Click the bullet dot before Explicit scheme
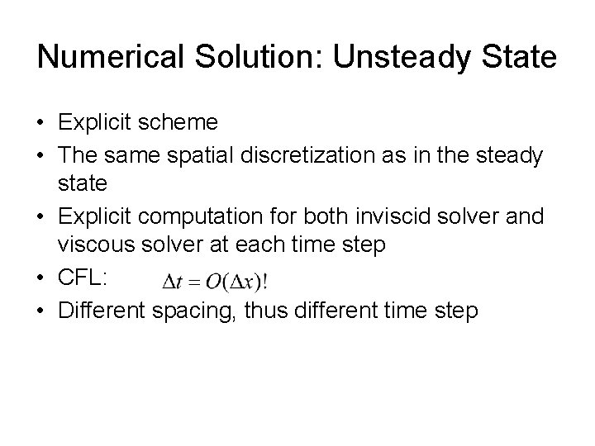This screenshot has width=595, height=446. (42, 124)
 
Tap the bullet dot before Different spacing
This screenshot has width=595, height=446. (42, 313)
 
